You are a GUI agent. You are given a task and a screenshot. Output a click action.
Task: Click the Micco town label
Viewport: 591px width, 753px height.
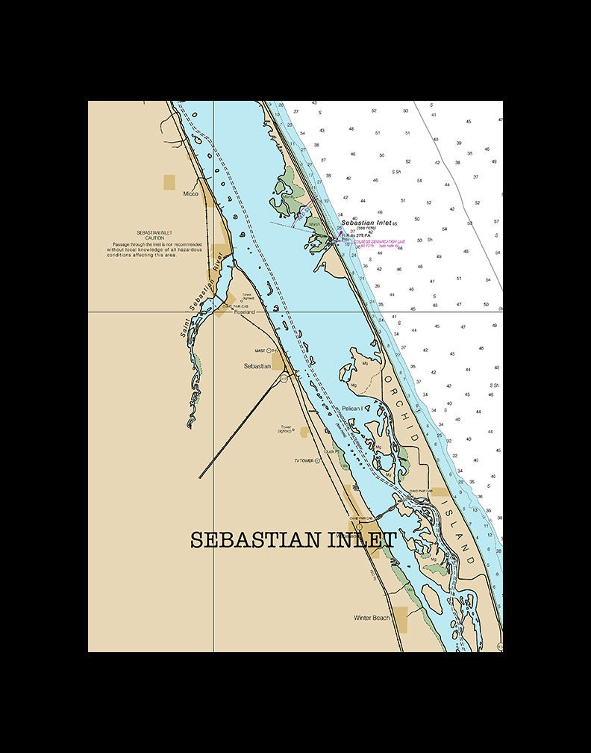(x=191, y=193)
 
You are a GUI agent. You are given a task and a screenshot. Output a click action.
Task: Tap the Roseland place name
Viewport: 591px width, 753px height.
(x=244, y=312)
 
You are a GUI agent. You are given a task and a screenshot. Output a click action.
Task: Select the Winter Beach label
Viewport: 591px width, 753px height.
(x=372, y=618)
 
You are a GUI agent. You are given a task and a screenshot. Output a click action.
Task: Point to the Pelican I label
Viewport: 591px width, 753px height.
(x=351, y=409)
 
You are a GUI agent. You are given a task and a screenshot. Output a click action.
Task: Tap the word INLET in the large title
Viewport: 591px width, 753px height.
(x=361, y=540)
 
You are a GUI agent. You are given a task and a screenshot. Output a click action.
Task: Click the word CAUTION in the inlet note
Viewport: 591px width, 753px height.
(x=154, y=238)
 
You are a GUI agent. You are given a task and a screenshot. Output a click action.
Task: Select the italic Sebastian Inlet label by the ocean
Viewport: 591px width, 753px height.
(x=366, y=223)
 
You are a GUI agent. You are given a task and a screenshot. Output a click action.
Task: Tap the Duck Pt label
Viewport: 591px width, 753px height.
(x=331, y=451)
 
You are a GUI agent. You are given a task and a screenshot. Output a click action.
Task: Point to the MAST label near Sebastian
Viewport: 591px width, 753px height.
(x=260, y=350)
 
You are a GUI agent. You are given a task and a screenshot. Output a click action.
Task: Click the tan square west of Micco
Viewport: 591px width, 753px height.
(x=169, y=182)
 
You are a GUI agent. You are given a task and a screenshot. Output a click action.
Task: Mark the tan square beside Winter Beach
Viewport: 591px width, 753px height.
(x=401, y=619)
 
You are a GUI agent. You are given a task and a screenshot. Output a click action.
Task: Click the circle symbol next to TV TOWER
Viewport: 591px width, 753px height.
(x=317, y=461)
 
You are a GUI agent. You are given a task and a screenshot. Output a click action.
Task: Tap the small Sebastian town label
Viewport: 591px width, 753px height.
(x=257, y=366)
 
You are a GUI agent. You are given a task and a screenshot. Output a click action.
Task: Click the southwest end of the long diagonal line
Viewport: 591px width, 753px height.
(x=199, y=477)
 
